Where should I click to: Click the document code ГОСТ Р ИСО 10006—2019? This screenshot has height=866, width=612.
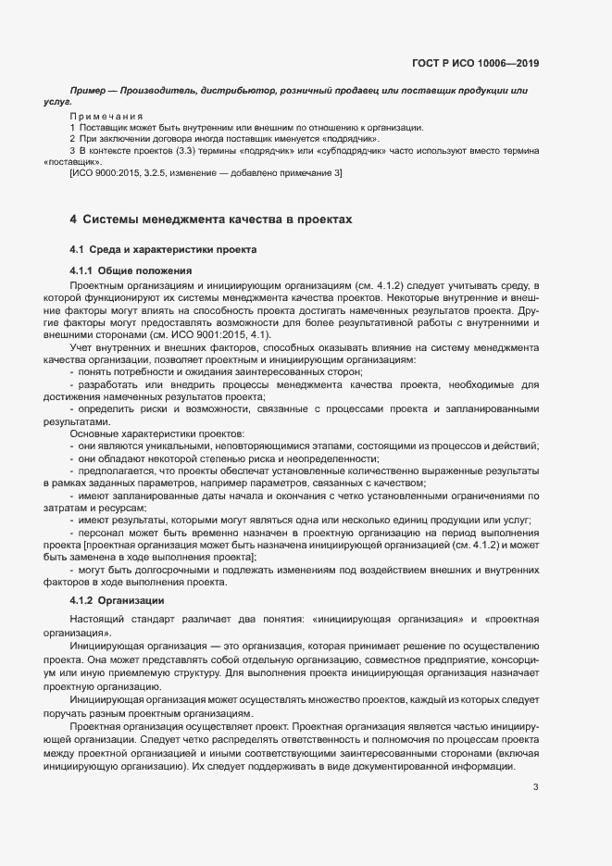point(475,64)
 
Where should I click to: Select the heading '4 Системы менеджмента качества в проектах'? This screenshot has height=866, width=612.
point(211,220)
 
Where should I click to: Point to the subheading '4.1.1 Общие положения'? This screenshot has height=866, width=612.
point(131,270)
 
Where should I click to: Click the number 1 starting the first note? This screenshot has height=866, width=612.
point(72,127)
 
